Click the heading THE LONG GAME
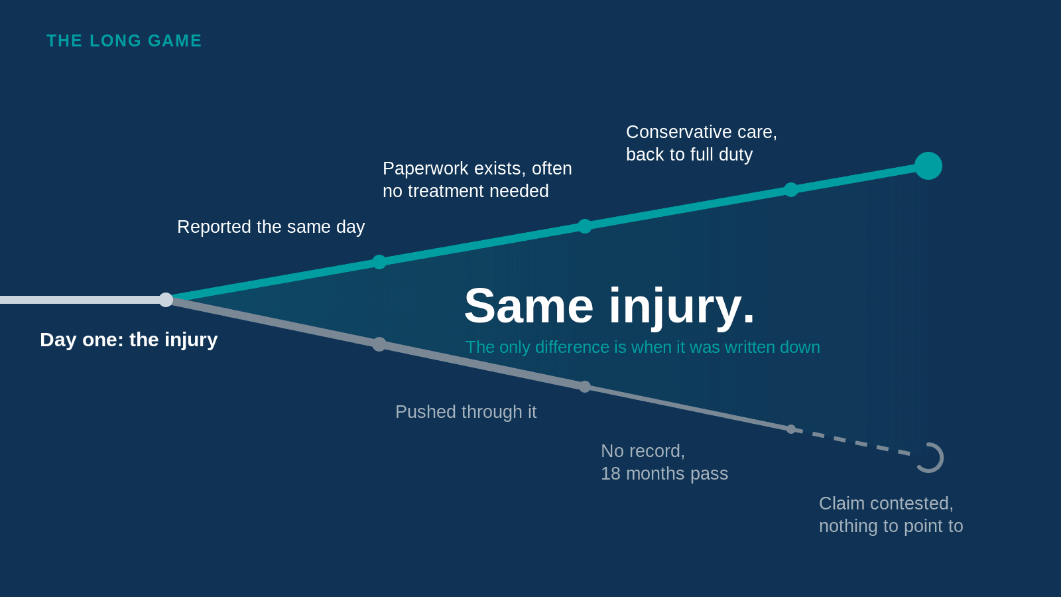pyautogui.click(x=124, y=40)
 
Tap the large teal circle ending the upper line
pyautogui.click(x=928, y=166)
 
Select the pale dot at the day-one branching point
pyautogui.click(x=166, y=299)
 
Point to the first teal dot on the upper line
pyautogui.click(x=379, y=262)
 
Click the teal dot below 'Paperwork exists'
pyautogui.click(x=585, y=226)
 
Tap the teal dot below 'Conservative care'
pyautogui.click(x=791, y=190)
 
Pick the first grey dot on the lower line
pyautogui.click(x=379, y=344)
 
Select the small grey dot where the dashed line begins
pyautogui.click(x=791, y=429)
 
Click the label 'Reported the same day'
pyautogui.click(x=271, y=227)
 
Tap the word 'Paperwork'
pyautogui.click(x=428, y=168)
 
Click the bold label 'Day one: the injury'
pyautogui.click(x=129, y=340)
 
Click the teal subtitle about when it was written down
pyautogui.click(x=643, y=348)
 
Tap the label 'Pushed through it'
pyautogui.click(x=466, y=412)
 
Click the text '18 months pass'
pyautogui.click(x=664, y=474)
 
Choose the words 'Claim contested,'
pyautogui.click(x=886, y=503)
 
